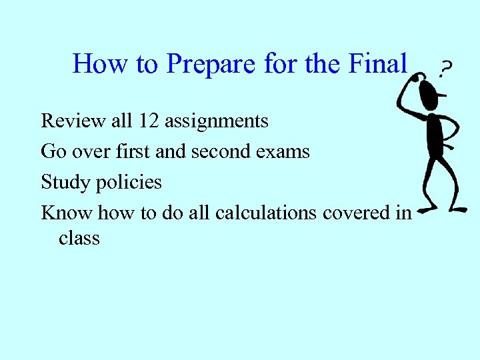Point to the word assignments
[x=216, y=122]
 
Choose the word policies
[x=131, y=182]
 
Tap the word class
[x=79, y=237]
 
